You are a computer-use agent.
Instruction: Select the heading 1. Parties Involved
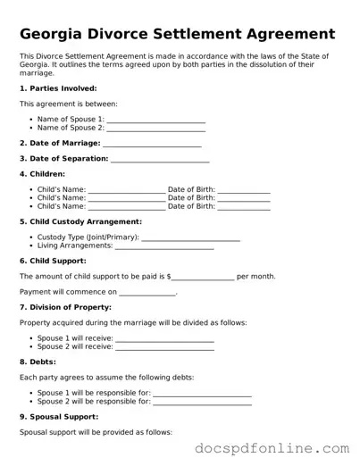click(x=57, y=88)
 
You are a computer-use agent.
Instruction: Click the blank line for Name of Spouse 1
click(x=155, y=120)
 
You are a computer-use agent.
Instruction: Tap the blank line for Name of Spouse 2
click(x=155, y=129)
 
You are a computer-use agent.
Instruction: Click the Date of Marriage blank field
click(x=152, y=144)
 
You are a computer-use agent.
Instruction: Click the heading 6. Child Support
click(x=53, y=261)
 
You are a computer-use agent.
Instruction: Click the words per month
click(x=256, y=277)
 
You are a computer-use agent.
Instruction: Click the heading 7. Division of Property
click(x=65, y=307)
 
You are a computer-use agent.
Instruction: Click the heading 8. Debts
click(x=38, y=362)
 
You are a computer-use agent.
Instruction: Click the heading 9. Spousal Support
click(x=59, y=417)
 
